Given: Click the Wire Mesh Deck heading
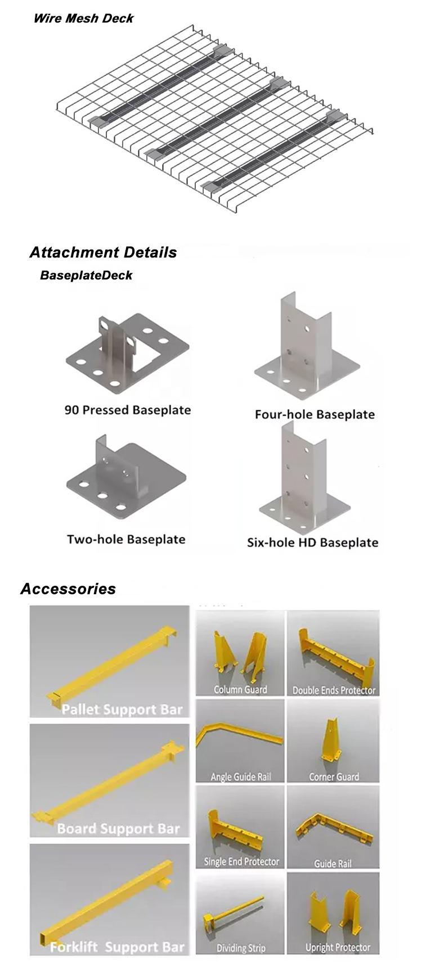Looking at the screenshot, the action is [x=83, y=18].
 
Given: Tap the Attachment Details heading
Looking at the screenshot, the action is [x=103, y=252].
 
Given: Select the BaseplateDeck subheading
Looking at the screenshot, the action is [x=86, y=275].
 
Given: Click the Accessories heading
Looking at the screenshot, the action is [x=68, y=589].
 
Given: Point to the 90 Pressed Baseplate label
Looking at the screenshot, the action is [x=128, y=410].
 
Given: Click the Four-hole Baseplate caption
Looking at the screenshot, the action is [x=315, y=414].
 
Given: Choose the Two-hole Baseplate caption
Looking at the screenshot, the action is [x=126, y=539].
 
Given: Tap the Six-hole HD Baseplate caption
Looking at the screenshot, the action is [x=313, y=542].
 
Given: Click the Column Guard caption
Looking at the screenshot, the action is [x=240, y=689].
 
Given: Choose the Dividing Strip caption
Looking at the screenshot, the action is [x=241, y=948].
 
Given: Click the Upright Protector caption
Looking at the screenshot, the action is [x=338, y=947].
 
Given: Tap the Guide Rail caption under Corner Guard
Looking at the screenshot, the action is [x=333, y=864].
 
